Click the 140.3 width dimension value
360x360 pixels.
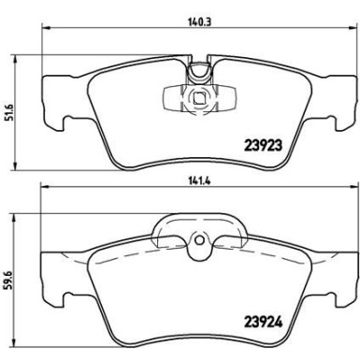point(199,22)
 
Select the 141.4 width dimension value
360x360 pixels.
point(199,181)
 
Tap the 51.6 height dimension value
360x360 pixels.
point(11,112)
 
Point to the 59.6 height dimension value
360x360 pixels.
point(11,281)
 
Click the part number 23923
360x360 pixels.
point(264,145)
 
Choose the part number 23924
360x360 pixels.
point(264,322)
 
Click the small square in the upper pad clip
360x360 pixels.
point(198,98)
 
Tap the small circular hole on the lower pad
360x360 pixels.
point(199,240)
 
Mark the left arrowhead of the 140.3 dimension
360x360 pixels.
point(46,28)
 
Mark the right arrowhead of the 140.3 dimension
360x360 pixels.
point(353,28)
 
